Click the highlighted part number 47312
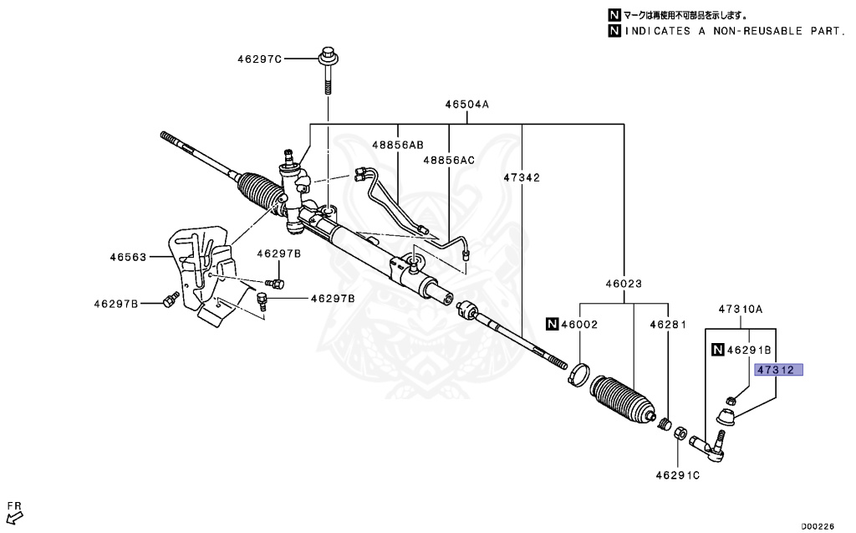point(778,370)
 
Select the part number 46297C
point(259,59)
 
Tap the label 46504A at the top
point(466,105)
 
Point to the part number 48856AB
point(398,145)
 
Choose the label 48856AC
point(448,160)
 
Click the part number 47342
point(522,177)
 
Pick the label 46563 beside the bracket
point(128,258)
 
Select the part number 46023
point(624,284)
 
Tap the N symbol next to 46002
point(552,324)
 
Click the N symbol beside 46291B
point(716,350)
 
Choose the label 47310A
point(741,309)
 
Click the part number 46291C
point(677,475)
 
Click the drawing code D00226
point(818,526)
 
